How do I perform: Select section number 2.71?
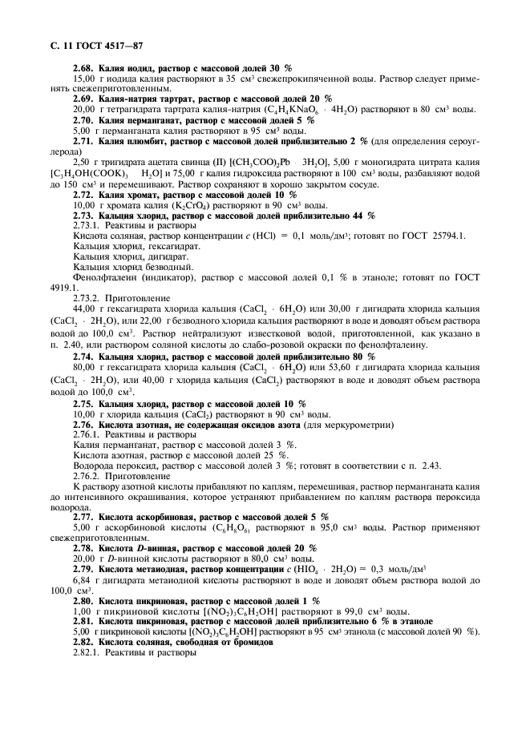tap(84, 140)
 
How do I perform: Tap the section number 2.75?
tap(84, 404)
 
